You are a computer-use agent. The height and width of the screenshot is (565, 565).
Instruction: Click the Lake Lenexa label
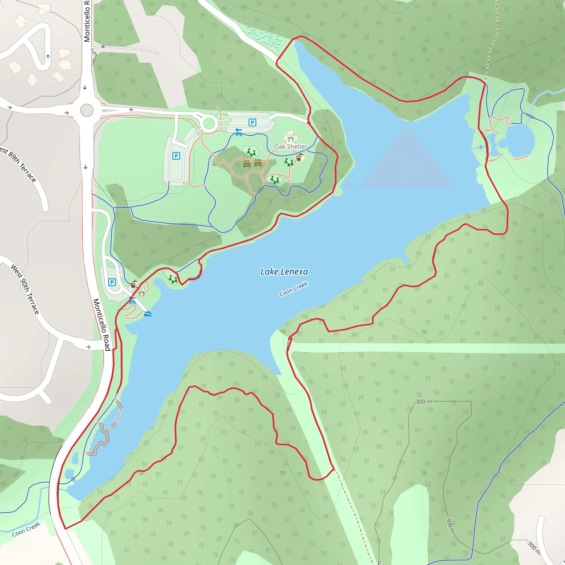pos(284,272)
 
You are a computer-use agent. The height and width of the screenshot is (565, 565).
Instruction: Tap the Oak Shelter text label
pos(291,146)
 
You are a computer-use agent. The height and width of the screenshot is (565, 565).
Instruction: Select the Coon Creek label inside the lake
pos(294,289)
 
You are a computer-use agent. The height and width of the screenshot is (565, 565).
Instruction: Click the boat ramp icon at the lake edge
pos(148,314)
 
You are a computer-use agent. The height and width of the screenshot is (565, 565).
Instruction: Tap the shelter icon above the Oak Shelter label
pos(290,137)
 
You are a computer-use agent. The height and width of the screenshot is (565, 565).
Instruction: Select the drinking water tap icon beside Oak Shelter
pos(299,157)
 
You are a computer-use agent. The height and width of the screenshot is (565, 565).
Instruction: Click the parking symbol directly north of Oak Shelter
pos(252,122)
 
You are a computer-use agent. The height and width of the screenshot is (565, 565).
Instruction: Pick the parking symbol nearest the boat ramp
pos(112,282)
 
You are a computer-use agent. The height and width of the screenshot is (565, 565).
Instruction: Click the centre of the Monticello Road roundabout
pos(87,111)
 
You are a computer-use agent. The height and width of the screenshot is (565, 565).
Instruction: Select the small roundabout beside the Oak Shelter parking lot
pos(209,124)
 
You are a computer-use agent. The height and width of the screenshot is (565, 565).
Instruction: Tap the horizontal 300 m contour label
pos(424,401)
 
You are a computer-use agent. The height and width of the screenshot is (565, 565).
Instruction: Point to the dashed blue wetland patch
pos(265,37)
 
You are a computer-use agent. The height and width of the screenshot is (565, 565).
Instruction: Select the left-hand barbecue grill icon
pos(247,164)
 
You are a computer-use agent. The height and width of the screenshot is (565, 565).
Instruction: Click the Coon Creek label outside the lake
pos(26,529)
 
